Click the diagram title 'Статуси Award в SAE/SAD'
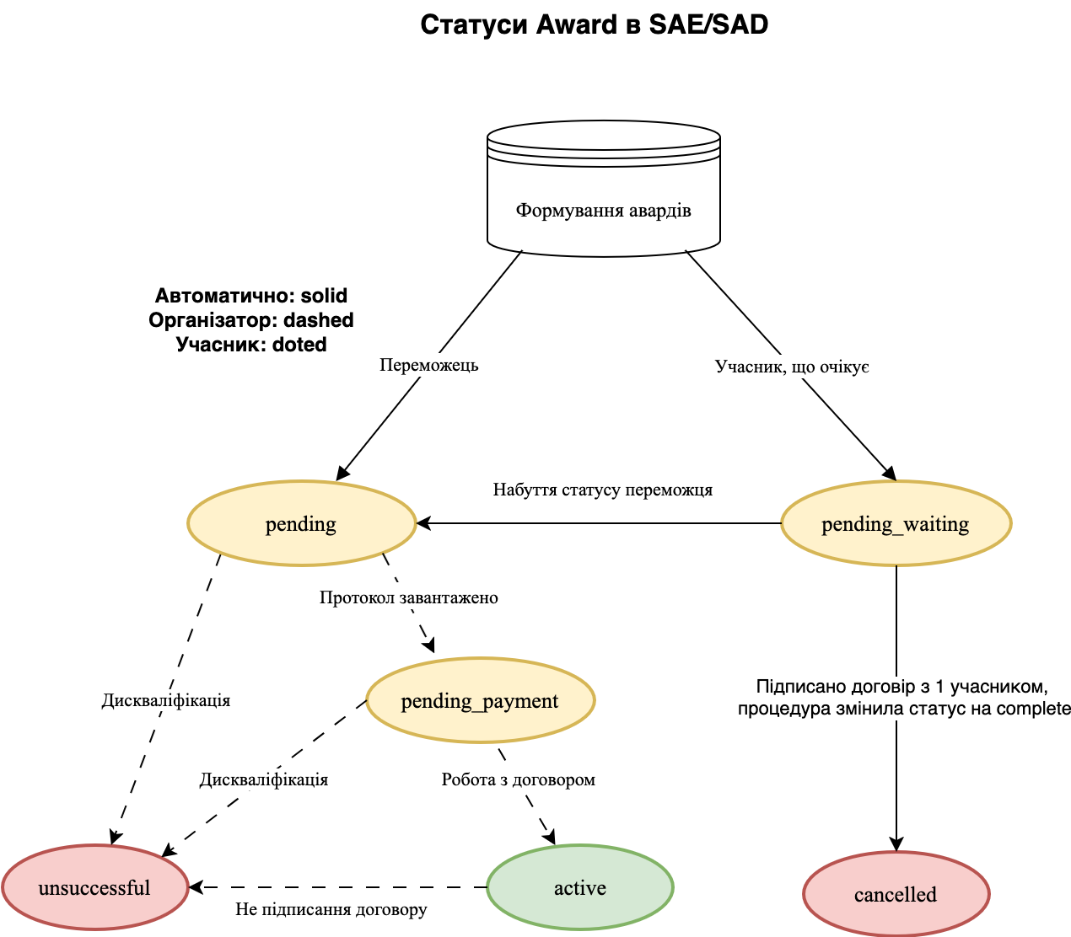tap(594, 24)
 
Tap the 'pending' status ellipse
tap(301, 524)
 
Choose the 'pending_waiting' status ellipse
tap(896, 524)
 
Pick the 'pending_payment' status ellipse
tap(480, 701)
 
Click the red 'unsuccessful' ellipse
tap(94, 888)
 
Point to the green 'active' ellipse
tap(580, 888)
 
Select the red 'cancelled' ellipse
tap(896, 895)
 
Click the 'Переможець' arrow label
tap(429, 365)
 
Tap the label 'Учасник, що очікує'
tap(792, 367)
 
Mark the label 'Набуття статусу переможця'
tap(603, 490)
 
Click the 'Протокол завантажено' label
tap(409, 597)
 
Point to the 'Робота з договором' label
tap(519, 779)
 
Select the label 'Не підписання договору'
tap(331, 909)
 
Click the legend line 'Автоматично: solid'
tap(251, 296)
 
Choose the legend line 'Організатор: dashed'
tap(251, 320)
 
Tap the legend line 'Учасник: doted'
tap(251, 345)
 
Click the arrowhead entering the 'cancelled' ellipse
tap(896, 845)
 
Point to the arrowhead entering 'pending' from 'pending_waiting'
tap(423, 523)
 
